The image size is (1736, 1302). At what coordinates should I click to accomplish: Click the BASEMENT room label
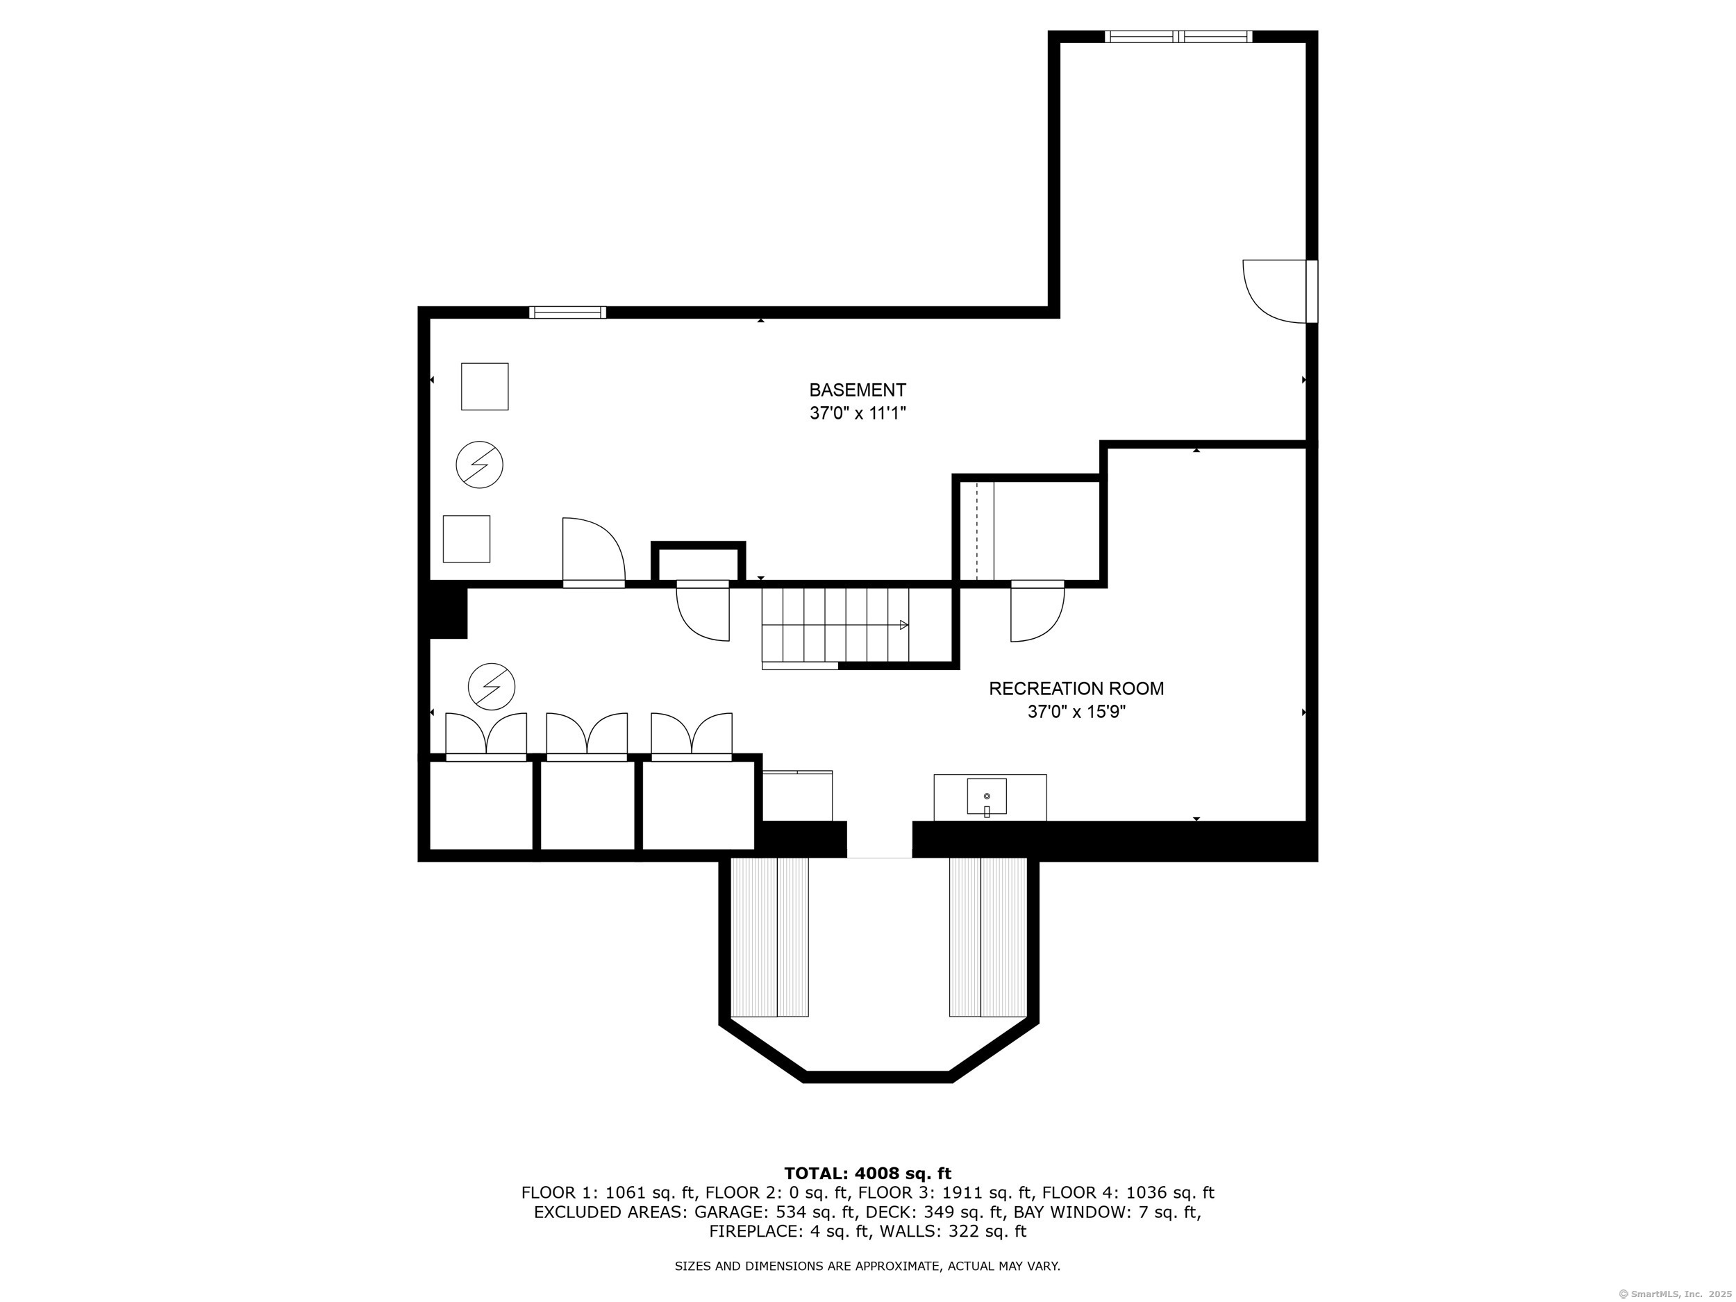[x=858, y=390]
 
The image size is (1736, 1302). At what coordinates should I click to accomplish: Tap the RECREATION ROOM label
[x=1076, y=688]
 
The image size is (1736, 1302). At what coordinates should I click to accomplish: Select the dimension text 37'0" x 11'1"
[x=858, y=412]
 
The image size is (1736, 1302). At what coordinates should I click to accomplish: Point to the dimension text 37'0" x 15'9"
[x=1076, y=712]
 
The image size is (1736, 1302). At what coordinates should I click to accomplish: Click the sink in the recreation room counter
[x=987, y=797]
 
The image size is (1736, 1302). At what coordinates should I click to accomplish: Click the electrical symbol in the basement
[x=480, y=465]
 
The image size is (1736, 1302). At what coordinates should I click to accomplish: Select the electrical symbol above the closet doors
[x=492, y=687]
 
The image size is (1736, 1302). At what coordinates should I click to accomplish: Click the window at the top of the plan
[x=1178, y=35]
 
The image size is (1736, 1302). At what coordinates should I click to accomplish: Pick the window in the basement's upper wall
[x=567, y=312]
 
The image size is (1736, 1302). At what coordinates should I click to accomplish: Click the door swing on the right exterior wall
[x=1276, y=291]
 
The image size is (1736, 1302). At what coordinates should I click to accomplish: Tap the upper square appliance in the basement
[x=484, y=386]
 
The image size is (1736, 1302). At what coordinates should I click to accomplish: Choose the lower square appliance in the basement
[x=466, y=538]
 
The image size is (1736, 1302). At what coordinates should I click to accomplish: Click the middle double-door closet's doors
[x=587, y=736]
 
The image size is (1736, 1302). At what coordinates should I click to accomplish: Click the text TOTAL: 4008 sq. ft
[x=867, y=1174]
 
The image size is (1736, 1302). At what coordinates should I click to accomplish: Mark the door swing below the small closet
[x=703, y=612]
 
